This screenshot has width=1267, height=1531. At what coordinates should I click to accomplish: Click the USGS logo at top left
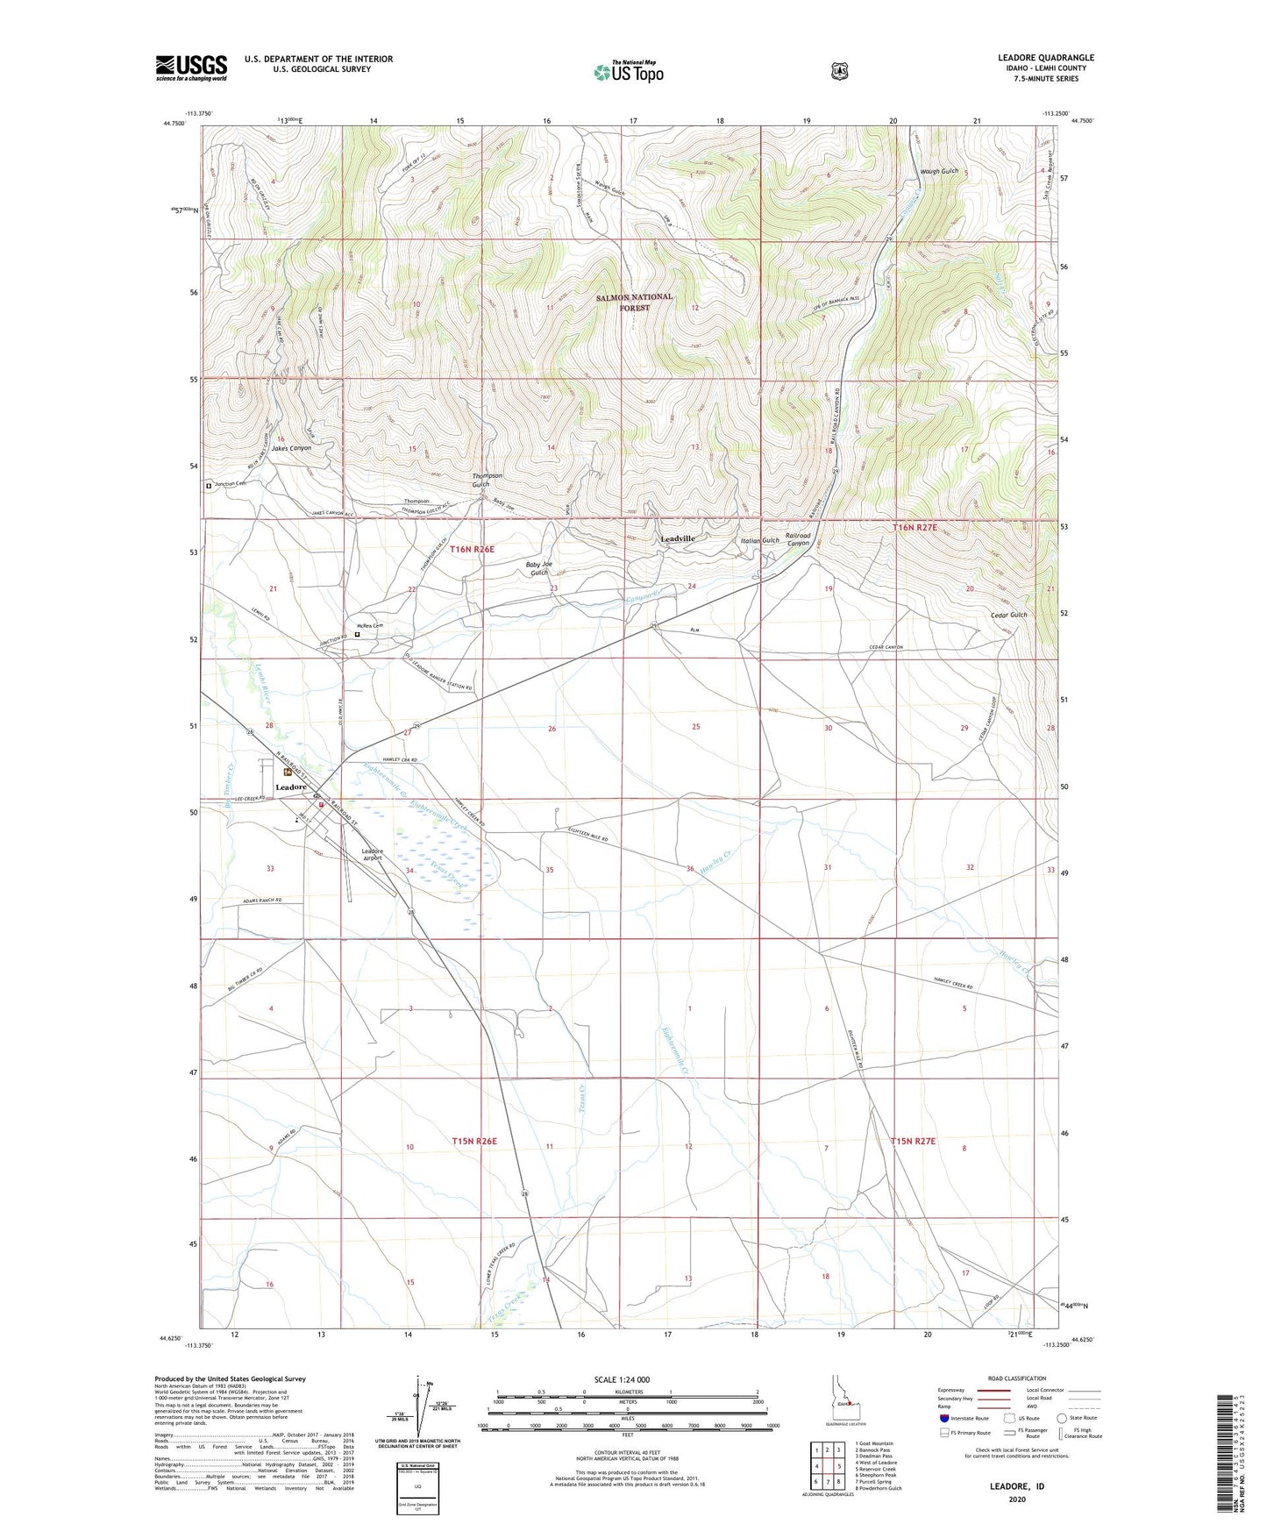coord(191,68)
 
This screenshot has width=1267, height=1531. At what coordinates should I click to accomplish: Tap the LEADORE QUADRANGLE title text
coord(1045,58)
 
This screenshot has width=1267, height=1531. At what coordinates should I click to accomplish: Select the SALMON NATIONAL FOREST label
coord(634,302)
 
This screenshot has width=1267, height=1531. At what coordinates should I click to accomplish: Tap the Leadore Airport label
coord(373,854)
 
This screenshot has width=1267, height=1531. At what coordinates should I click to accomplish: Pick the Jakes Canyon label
coord(291,448)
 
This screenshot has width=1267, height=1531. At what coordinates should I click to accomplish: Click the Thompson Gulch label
coord(487,480)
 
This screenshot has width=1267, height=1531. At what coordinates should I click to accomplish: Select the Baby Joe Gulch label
coord(538,568)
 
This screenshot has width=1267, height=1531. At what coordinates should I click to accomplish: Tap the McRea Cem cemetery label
coord(370,625)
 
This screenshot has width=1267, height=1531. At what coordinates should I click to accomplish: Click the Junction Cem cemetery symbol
coord(209,484)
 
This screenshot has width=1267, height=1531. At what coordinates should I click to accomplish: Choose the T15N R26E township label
coord(474,1141)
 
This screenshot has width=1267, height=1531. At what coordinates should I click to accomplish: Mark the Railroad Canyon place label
coord(797,539)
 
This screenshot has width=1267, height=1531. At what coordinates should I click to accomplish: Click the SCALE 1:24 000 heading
coord(622,1379)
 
